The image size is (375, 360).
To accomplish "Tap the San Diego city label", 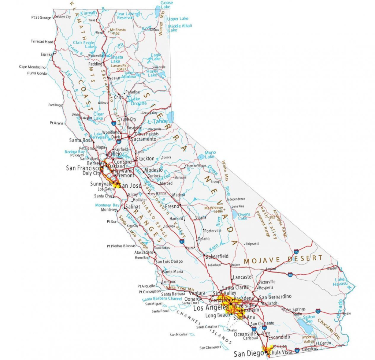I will (x=249, y=354).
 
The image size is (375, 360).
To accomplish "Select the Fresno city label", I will (x=172, y=206).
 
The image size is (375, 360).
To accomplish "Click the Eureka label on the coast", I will (x=47, y=55).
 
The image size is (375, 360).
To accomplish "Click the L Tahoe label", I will (x=159, y=121).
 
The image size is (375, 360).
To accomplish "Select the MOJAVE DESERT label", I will (x=283, y=259).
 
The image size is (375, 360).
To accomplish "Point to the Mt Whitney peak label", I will (x=214, y=209).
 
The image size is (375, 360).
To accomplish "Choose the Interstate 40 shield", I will (x=290, y=274).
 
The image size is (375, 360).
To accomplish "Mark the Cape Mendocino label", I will (x=32, y=67).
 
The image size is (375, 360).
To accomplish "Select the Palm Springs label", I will (x=294, y=309).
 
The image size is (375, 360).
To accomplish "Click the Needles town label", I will (x=332, y=268).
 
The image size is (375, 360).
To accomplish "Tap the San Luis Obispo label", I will (x=169, y=261).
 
